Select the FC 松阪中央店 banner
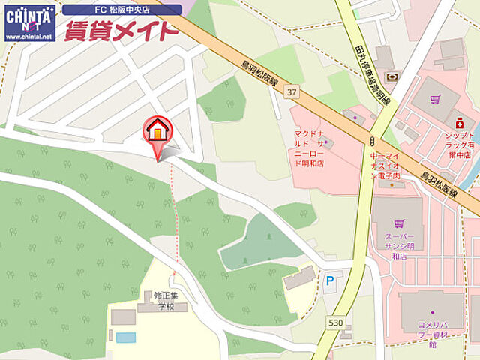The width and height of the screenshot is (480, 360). [122, 10]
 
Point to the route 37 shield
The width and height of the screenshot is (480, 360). [291, 90]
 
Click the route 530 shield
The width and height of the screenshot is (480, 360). [335, 322]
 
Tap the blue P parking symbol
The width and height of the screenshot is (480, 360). [330, 280]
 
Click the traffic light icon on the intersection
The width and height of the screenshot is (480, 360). [371, 141]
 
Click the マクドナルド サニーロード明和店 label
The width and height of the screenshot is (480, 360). [309, 148]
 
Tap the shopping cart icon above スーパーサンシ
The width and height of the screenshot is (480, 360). [398, 223]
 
